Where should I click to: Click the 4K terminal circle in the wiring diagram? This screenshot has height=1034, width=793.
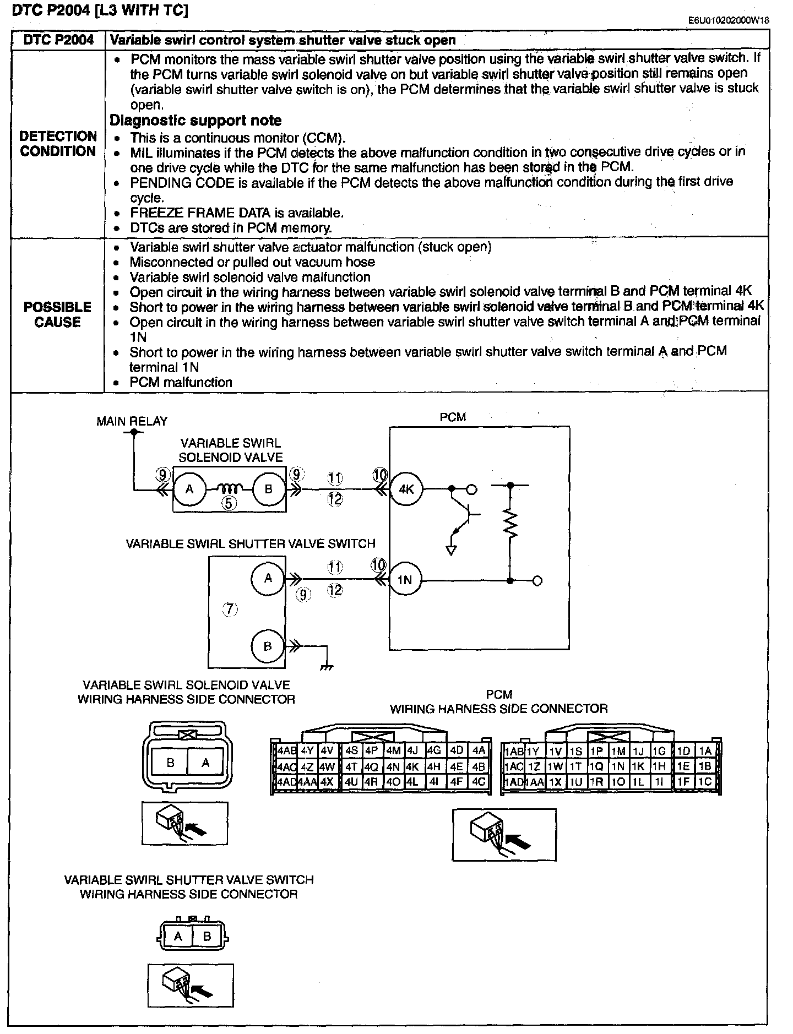[406, 489]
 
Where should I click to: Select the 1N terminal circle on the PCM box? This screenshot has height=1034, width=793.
[405, 580]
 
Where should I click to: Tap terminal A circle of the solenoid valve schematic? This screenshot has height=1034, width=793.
[189, 489]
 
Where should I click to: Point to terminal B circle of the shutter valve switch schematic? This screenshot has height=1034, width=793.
[268, 646]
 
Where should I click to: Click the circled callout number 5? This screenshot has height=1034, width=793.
[230, 502]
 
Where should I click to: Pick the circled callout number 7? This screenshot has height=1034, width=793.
[230, 609]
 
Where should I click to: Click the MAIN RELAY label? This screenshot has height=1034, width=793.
[132, 421]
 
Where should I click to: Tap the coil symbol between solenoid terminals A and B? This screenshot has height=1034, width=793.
[229, 488]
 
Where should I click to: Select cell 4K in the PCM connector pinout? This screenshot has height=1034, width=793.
[413, 766]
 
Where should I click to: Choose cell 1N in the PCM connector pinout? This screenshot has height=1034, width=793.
[618, 766]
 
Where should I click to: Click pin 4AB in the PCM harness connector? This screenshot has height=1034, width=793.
[286, 750]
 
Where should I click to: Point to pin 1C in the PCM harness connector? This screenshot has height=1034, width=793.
[704, 781]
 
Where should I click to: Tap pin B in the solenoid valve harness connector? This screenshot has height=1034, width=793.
[171, 763]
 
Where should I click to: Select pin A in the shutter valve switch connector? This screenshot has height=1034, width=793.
[178, 936]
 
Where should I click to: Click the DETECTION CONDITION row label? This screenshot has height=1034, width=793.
[58, 144]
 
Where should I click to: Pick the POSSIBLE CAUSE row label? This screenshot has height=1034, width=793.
[57, 314]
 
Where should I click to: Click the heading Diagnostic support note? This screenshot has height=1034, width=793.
[195, 121]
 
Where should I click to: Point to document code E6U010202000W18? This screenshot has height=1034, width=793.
[728, 20]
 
